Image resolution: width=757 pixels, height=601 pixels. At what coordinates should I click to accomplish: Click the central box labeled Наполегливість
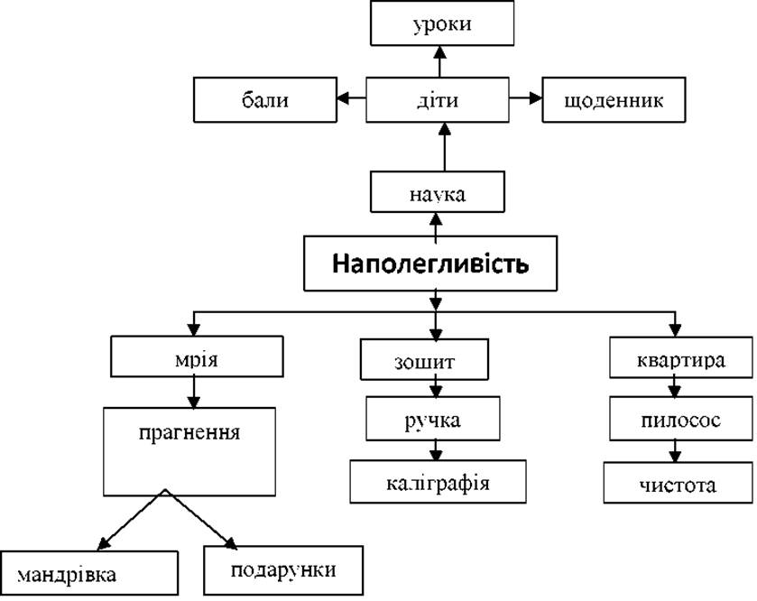click(x=430, y=264)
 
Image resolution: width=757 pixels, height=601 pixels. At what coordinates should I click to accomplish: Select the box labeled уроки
click(x=442, y=23)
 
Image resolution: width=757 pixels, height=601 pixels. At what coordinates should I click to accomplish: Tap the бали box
click(x=265, y=99)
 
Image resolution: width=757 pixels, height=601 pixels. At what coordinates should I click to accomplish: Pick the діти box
click(x=438, y=99)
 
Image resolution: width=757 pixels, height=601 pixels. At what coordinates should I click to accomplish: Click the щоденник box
click(x=614, y=99)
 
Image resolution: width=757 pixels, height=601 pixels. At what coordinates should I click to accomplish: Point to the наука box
click(x=438, y=191)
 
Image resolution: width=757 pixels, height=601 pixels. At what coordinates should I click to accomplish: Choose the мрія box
click(x=197, y=356)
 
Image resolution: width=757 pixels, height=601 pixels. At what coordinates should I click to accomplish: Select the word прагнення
click(x=189, y=432)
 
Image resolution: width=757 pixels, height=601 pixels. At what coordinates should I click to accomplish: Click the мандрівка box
click(x=89, y=573)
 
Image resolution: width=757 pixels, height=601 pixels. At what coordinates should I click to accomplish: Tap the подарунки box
click(x=283, y=570)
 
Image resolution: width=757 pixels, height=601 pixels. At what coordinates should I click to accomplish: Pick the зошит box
click(x=424, y=359)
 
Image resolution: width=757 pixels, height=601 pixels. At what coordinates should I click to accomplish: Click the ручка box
click(x=432, y=419)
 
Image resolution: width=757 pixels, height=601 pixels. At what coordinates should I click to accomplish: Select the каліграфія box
click(x=438, y=481)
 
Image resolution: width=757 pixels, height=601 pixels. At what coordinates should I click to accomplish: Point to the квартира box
click(x=680, y=357)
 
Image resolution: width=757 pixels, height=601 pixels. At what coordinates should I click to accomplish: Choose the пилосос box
click(x=680, y=419)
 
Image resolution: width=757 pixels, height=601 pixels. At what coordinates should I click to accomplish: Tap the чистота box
click(x=678, y=483)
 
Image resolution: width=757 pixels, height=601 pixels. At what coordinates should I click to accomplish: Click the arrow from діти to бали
click(x=351, y=98)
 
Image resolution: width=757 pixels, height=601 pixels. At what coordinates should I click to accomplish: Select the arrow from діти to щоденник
click(x=526, y=98)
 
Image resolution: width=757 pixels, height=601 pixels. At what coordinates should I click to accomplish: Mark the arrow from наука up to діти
click(x=445, y=147)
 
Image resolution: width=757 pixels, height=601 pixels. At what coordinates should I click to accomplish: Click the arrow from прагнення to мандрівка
click(x=132, y=520)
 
